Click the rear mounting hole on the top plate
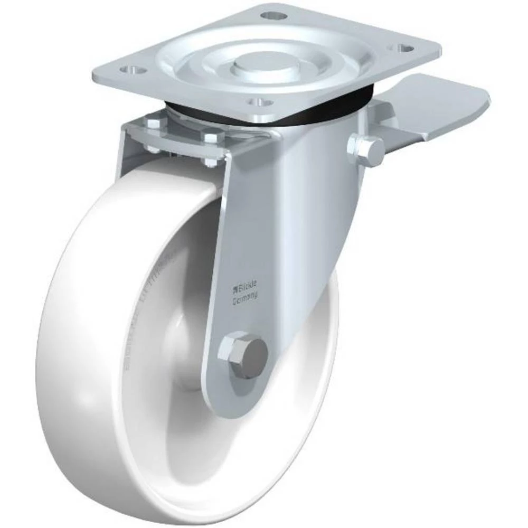273,15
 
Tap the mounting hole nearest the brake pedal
406,48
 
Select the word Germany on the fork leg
246,298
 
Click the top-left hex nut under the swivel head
153,124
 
